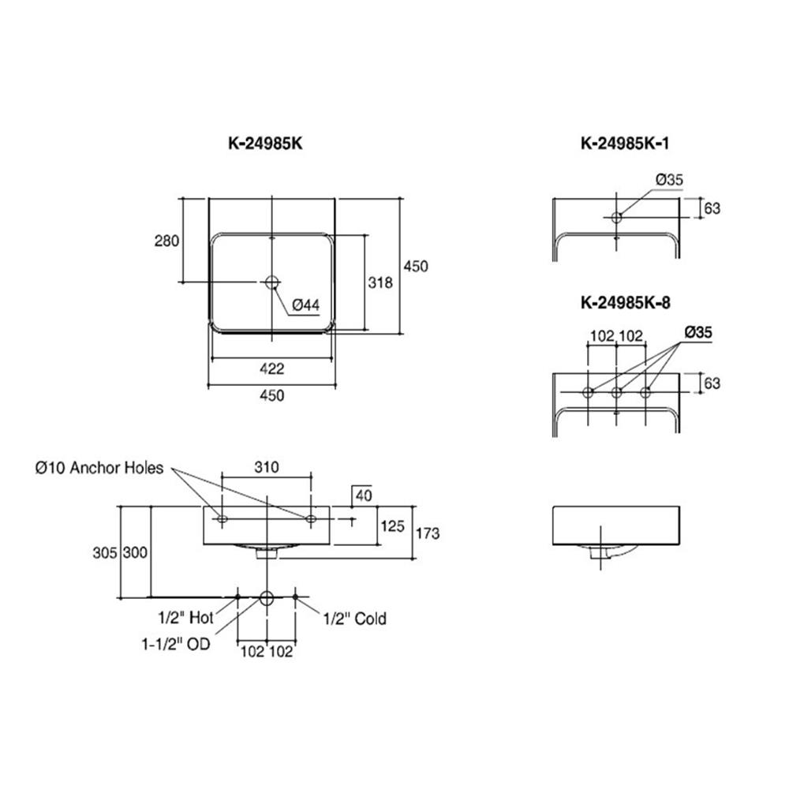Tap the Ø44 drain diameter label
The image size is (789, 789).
tap(305, 304)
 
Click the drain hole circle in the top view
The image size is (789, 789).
tap(272, 282)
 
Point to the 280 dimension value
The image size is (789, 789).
tap(166, 241)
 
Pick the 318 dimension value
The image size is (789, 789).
tap(381, 282)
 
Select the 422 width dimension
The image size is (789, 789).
tap(272, 368)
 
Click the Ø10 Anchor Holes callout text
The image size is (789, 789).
tap(99, 468)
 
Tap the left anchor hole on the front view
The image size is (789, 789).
tap(222, 519)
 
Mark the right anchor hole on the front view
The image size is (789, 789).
tap(311, 519)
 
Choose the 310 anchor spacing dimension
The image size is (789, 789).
tap(267, 467)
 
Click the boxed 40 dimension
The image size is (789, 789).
tap(362, 495)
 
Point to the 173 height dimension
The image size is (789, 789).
tap(426, 533)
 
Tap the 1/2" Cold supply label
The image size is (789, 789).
tap(355, 619)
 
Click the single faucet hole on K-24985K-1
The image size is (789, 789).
tap(617, 217)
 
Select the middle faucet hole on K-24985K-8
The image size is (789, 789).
tap(617, 392)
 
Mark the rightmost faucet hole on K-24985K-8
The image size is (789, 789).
tap(646, 392)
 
